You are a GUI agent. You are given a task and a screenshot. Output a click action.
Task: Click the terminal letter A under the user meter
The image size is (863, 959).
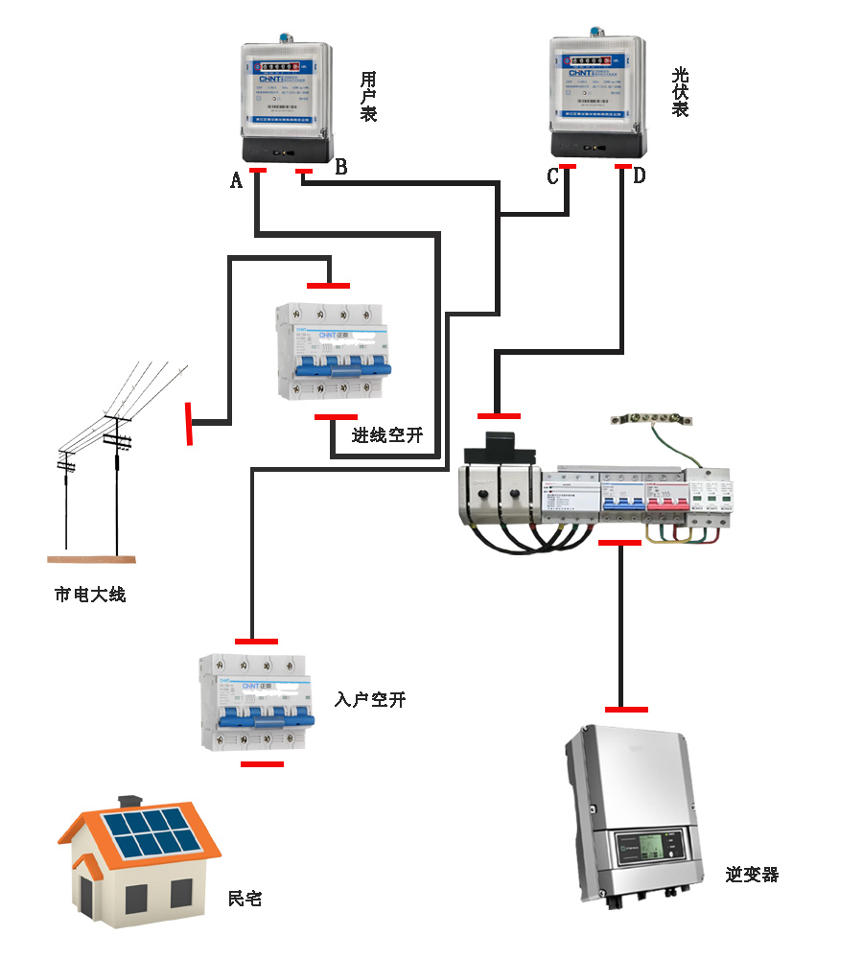pyautogui.click(x=236, y=178)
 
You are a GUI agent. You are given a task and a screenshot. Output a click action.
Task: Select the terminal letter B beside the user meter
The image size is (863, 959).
pyautogui.click(x=340, y=167)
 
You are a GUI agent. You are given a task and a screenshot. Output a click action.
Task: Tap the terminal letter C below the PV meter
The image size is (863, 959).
pyautogui.click(x=552, y=176)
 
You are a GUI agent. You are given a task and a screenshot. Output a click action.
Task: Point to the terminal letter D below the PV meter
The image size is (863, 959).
pyautogui.click(x=639, y=175)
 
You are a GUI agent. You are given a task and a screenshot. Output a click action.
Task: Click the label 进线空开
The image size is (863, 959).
pyautogui.click(x=386, y=435)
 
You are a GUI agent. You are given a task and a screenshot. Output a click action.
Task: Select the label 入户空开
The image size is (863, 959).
pyautogui.click(x=370, y=699)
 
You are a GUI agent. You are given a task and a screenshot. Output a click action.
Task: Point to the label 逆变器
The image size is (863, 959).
pyautogui.click(x=752, y=875)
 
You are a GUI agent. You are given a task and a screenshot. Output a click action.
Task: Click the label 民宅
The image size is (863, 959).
pyautogui.click(x=245, y=899)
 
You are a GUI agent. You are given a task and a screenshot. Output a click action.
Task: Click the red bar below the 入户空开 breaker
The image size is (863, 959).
pyautogui.click(x=262, y=764)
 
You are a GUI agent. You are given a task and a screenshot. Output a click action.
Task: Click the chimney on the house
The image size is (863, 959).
pyautogui.click(x=129, y=802)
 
